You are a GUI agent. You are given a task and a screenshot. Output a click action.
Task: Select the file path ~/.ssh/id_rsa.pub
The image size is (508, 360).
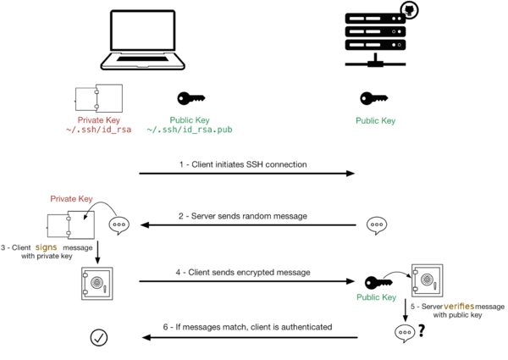(x=190, y=130)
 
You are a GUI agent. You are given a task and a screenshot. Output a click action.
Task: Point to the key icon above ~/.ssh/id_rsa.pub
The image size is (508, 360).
(x=190, y=99)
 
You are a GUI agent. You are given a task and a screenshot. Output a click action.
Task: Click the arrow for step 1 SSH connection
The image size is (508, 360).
(x=246, y=174)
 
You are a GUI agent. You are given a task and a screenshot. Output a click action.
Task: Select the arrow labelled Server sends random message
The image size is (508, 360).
(x=246, y=225)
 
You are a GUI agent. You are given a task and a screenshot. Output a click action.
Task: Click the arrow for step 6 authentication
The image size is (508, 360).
(x=246, y=337)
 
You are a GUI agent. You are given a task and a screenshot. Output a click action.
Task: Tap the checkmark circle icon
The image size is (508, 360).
(x=99, y=337)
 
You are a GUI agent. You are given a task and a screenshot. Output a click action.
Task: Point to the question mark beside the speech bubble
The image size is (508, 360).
(x=418, y=333)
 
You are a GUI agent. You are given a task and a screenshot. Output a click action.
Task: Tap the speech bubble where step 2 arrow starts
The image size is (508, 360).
(x=378, y=225)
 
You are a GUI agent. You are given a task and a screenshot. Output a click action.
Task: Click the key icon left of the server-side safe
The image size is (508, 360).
(x=378, y=281)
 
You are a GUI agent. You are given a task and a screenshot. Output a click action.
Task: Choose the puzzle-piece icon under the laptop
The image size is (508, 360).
(x=98, y=97)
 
